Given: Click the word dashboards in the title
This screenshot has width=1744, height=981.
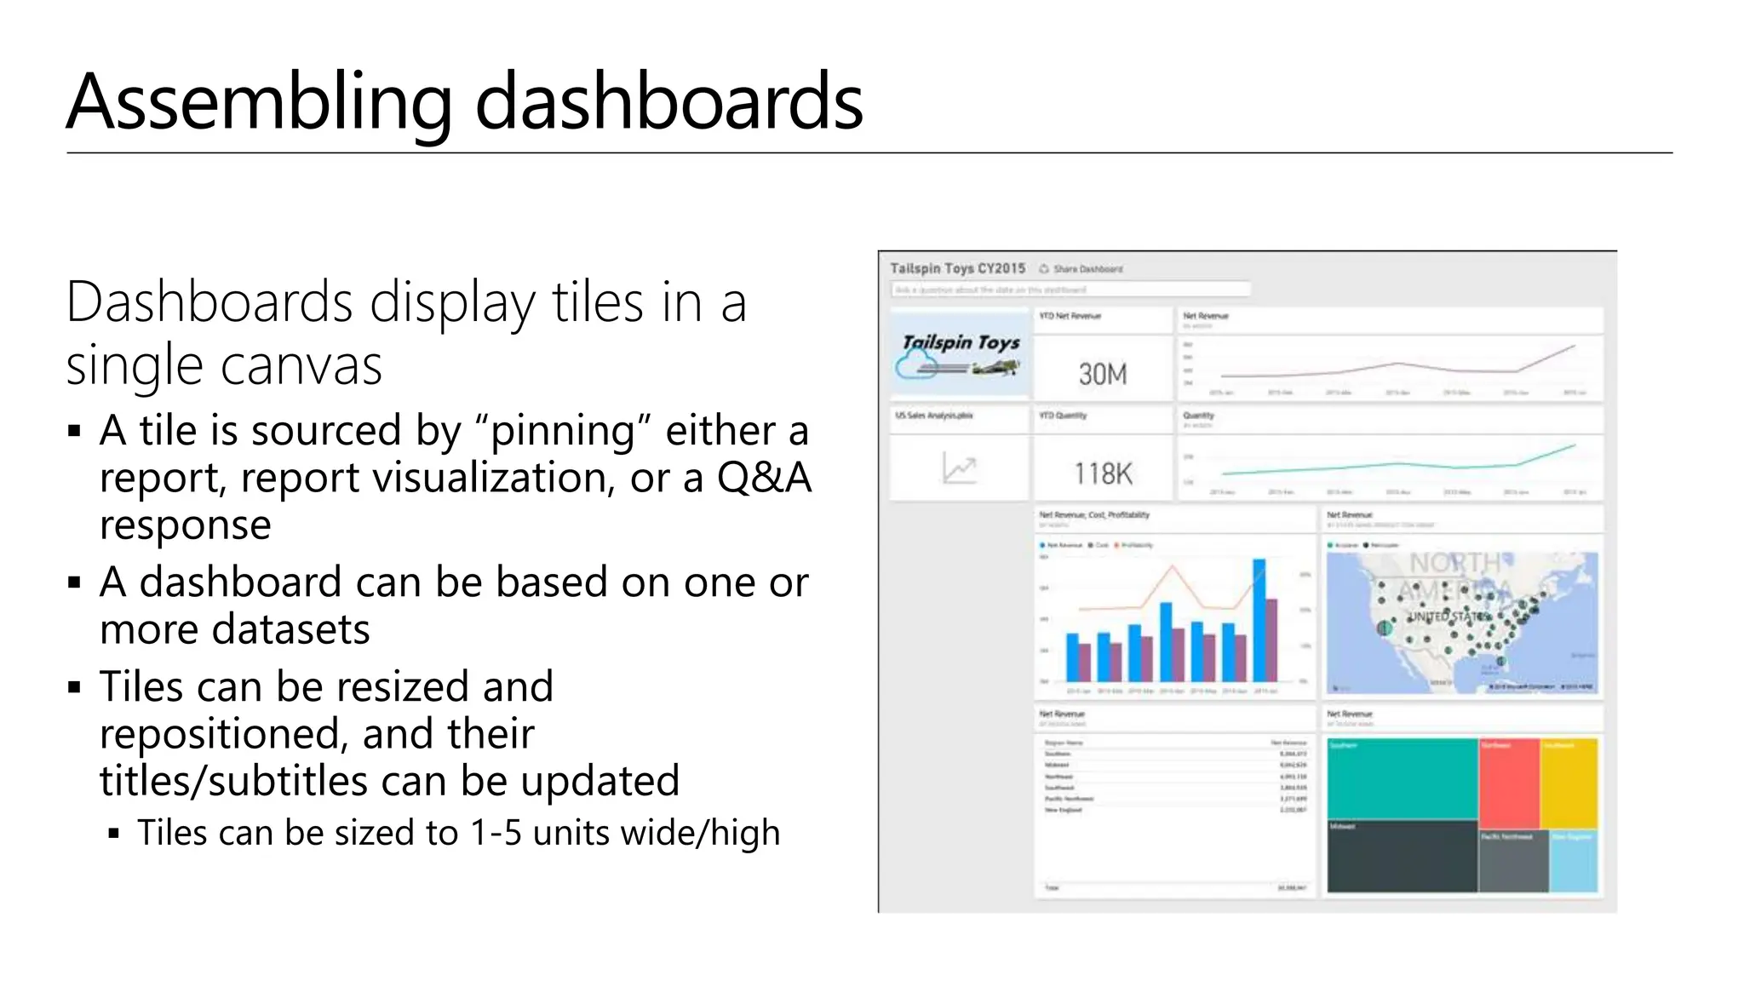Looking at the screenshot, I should point(668,102).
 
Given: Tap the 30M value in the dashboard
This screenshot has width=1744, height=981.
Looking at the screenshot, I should point(1102,374).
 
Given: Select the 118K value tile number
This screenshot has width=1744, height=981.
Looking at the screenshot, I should point(1102,473).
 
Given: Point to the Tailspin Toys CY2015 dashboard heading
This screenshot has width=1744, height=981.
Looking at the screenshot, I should point(957,268).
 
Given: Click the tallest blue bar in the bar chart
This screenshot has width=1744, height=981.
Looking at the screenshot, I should point(1259,618).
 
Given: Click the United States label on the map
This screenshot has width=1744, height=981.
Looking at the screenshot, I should point(1449,616).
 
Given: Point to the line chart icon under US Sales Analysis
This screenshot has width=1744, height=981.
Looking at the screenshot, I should point(959,469).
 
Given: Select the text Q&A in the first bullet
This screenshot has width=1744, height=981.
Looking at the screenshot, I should point(764,478).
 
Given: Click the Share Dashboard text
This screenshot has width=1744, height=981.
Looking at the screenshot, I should point(1087,269).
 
